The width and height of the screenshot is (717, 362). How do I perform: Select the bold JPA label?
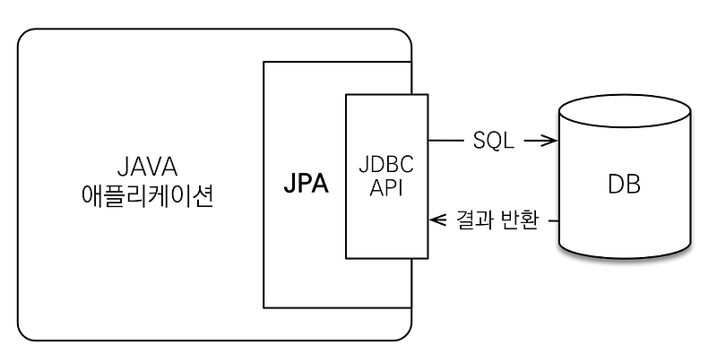(x=306, y=185)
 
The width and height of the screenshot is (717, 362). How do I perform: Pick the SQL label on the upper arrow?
(x=492, y=141)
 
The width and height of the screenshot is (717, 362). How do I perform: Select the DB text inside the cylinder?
(x=624, y=185)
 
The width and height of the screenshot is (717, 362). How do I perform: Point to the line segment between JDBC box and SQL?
(x=445, y=141)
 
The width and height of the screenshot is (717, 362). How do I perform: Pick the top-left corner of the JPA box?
(x=263, y=62)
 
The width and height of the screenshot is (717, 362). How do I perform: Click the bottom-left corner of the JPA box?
(x=263, y=307)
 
